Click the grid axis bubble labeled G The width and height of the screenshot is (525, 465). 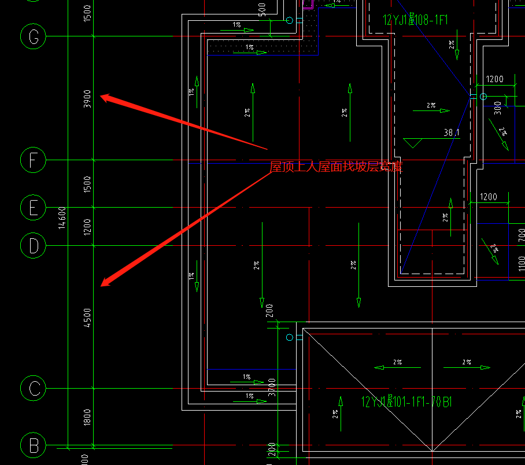coord(34,36)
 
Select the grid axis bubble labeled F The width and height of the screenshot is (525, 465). coord(34,160)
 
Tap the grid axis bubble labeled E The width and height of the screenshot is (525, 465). coord(34,207)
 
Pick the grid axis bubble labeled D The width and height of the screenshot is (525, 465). coord(34,246)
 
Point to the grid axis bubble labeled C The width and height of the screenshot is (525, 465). coord(34,388)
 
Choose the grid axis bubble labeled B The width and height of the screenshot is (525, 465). coord(34,446)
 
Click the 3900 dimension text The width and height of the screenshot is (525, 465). coord(87,98)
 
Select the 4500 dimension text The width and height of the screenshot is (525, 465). coord(87,318)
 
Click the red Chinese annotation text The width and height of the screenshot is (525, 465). coord(336,167)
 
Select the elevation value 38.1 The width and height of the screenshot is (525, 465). coord(452,133)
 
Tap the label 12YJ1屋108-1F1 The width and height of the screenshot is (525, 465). coord(415,20)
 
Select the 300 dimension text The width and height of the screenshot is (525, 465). coord(498,107)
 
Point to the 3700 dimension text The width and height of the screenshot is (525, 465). coord(272,388)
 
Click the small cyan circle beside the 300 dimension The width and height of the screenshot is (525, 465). coord(483,97)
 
